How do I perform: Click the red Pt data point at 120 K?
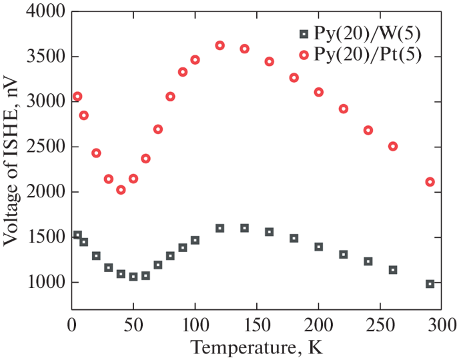click(x=219, y=45)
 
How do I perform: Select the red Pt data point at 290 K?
click(x=430, y=182)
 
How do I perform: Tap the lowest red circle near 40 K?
click(x=121, y=190)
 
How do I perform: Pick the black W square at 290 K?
click(x=430, y=284)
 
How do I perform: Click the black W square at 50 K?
click(x=133, y=277)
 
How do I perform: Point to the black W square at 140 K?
click(x=244, y=228)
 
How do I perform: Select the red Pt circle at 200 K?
click(x=319, y=92)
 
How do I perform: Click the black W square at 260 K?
click(x=393, y=270)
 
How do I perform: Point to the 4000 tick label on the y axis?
click(x=44, y=12)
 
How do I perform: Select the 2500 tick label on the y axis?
click(x=44, y=147)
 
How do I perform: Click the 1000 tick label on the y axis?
click(x=44, y=283)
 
